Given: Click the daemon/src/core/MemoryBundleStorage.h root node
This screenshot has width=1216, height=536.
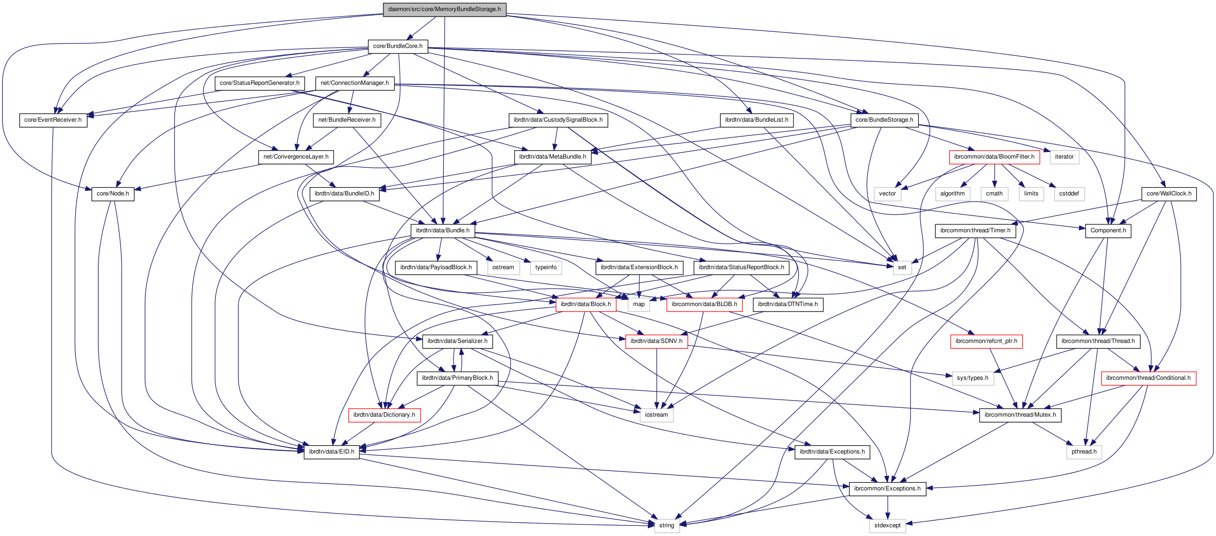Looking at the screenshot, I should pyautogui.click(x=444, y=9).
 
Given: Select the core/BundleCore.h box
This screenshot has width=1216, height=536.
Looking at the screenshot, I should pyautogui.click(x=398, y=46).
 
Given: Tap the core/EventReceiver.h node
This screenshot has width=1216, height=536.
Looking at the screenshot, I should pyautogui.click(x=53, y=120).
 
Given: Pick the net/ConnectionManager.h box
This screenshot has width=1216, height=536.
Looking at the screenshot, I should pyautogui.click(x=354, y=83).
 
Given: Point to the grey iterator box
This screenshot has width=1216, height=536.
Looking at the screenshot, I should pyautogui.click(x=1064, y=157).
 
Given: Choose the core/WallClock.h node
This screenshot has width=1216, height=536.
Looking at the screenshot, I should pyautogui.click(x=1169, y=194).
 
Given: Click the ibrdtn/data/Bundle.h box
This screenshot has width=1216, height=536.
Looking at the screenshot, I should pyautogui.click(x=442, y=230).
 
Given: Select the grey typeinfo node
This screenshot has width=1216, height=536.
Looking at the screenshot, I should pyautogui.click(x=546, y=267).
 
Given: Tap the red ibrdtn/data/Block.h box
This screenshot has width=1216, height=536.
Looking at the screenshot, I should pyautogui.click(x=585, y=304).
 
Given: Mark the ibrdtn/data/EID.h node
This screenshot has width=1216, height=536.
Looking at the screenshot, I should pyautogui.click(x=331, y=452).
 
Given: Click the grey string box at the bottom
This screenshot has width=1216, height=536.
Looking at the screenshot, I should pyautogui.click(x=667, y=525).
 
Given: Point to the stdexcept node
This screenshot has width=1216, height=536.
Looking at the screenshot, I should pyautogui.click(x=887, y=525).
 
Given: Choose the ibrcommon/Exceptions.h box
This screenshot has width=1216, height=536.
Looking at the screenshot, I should pyautogui.click(x=887, y=489).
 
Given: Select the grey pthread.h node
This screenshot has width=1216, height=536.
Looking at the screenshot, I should pyautogui.click(x=1084, y=452).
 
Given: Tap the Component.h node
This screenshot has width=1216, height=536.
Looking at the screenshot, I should pyautogui.click(x=1108, y=230).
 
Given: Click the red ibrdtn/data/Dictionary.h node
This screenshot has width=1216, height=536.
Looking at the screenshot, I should pyautogui.click(x=384, y=415).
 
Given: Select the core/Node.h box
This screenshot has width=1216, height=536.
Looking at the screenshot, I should pyautogui.click(x=112, y=194).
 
